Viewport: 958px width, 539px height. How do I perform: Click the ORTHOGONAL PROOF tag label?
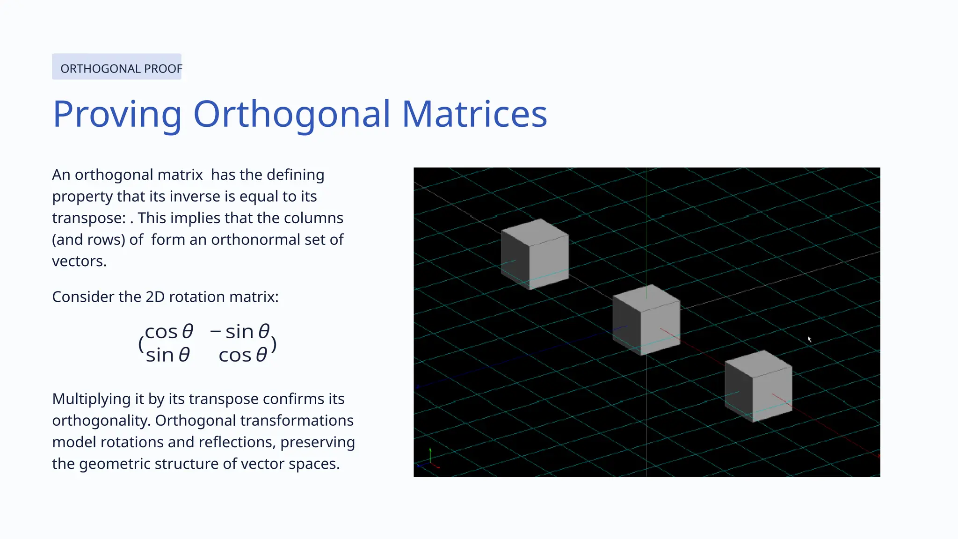[121, 69]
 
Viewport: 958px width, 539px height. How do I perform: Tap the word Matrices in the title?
[474, 114]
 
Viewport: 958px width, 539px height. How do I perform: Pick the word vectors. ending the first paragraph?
[80, 261]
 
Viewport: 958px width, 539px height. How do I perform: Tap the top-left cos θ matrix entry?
[169, 332]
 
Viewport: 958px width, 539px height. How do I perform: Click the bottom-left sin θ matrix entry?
[168, 355]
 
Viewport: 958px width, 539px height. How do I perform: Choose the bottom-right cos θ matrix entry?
[243, 355]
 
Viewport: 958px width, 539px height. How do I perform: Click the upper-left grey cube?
[535, 254]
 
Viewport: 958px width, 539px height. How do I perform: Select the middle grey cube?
[646, 320]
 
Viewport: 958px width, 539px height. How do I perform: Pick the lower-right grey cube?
[758, 386]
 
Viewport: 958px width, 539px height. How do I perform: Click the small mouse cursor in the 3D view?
[809, 339]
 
